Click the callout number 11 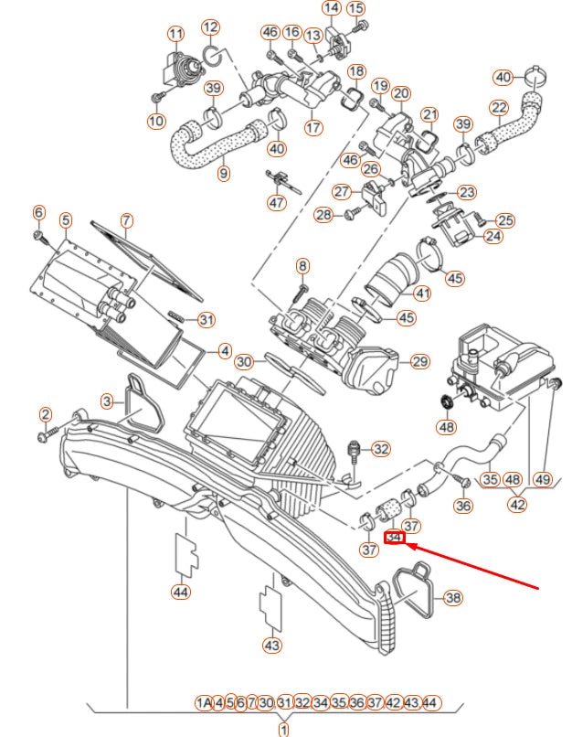pos(175,34)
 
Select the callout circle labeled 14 pos(331,8)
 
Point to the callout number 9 pos(224,173)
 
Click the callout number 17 pos(313,127)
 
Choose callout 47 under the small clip pos(277,202)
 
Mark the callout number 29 pos(419,361)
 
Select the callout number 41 pos(421,294)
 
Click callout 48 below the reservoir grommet pos(446,426)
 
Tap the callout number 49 pos(544,479)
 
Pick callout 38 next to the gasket pos(452,598)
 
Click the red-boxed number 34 pos(395,539)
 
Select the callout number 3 pos(108,401)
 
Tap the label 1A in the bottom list pos(204,702)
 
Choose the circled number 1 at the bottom pos(283,729)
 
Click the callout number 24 pos(493,236)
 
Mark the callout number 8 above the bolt pos(303,265)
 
